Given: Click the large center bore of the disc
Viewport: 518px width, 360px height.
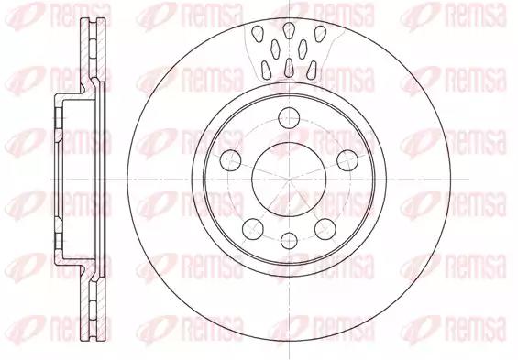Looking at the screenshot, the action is tap(289, 180).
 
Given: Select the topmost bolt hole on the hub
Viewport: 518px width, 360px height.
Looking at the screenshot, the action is tap(289, 118).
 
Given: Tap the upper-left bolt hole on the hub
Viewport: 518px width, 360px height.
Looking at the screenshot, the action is tap(230, 160).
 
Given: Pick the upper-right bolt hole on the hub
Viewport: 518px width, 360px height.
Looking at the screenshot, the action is tap(347, 160).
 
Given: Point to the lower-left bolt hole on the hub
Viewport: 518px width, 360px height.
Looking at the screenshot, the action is tap(253, 229).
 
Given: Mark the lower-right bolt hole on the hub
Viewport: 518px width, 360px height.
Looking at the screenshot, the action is tap(325, 229).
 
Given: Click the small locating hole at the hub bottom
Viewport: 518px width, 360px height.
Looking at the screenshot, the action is tap(289, 241).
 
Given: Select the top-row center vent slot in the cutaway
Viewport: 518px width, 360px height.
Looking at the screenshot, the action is tap(289, 31).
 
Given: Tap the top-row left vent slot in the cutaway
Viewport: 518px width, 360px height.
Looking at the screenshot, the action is tap(257, 34).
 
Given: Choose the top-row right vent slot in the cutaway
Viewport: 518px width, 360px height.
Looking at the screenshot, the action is tap(320, 34).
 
